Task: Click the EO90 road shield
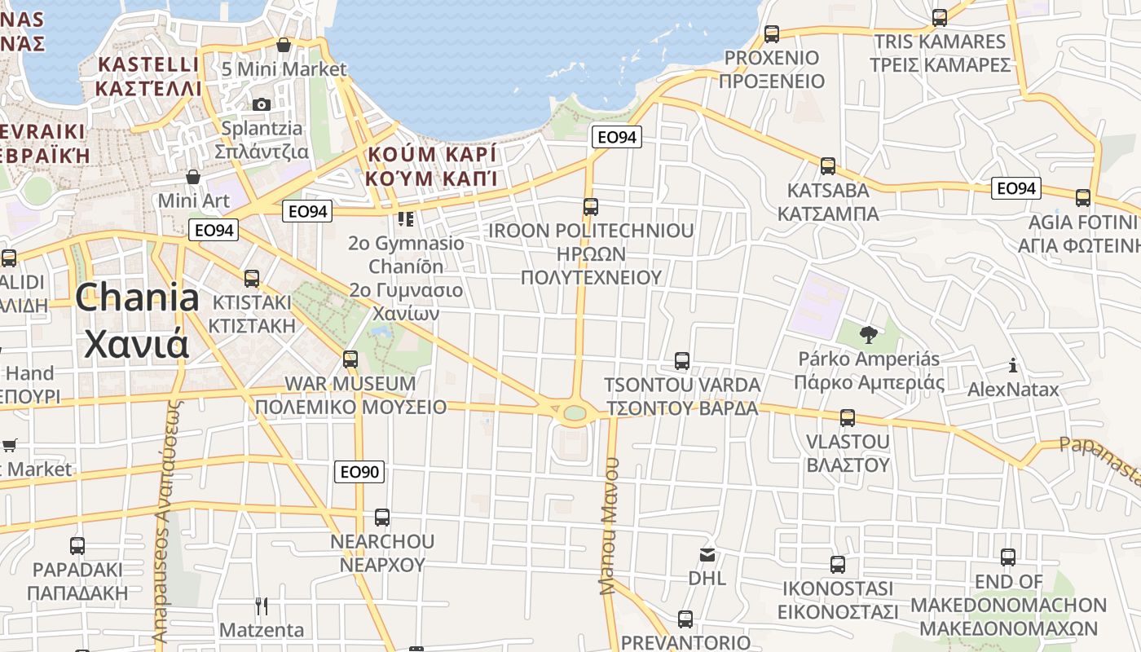click(359, 472)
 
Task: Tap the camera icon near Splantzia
click(262, 104)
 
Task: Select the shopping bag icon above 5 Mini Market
click(284, 45)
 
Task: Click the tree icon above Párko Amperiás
click(869, 334)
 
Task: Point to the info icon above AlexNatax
click(1013, 365)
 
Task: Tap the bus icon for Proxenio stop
click(771, 34)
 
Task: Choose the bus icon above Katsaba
click(828, 166)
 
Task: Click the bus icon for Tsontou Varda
click(682, 360)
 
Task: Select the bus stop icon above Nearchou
click(381, 517)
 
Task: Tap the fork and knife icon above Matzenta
click(262, 606)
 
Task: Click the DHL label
click(707, 578)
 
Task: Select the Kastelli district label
click(148, 76)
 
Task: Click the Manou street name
click(609, 526)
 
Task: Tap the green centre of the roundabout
click(575, 413)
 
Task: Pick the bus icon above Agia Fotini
click(1083, 198)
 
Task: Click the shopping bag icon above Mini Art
click(193, 177)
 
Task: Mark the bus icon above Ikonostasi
click(837, 564)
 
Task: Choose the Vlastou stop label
click(848, 453)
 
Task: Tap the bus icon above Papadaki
click(77, 545)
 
